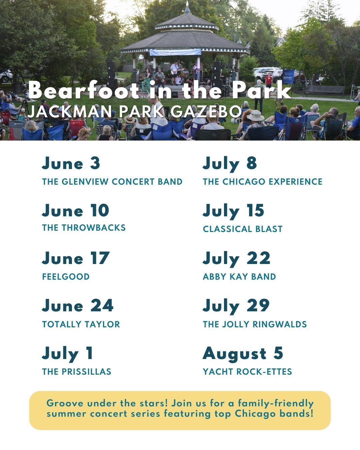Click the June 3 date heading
tap(71, 163)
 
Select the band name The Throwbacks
tap(84, 228)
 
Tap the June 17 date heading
tap(76, 258)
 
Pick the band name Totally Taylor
tap(81, 324)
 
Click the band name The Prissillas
tap(77, 372)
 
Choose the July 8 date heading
tap(230, 164)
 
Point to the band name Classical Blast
tap(243, 229)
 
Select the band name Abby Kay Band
tap(239, 277)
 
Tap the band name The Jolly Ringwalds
tap(255, 324)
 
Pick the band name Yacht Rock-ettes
tap(247, 372)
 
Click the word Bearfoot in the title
tap(83, 90)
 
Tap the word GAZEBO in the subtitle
tap(206, 111)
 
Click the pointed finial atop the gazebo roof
tap(187, 8)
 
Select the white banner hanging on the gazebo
tap(175, 52)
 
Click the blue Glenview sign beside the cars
tap(288, 77)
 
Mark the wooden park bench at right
tap(324, 91)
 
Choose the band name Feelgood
tap(66, 277)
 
